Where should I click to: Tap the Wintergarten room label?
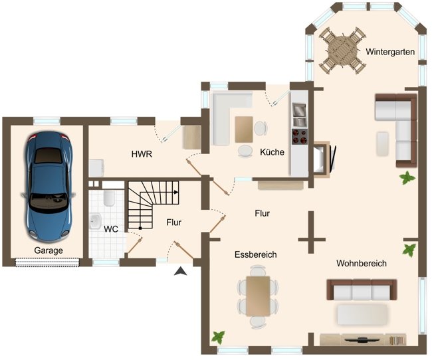pyautogui.click(x=391, y=51)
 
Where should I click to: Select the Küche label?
pyautogui.click(x=272, y=152)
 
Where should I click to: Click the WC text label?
pyautogui.click(x=110, y=228)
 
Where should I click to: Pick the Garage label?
pyautogui.click(x=49, y=250)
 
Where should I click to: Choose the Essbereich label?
pyautogui.click(x=255, y=254)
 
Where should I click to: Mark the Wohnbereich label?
pyautogui.click(x=361, y=263)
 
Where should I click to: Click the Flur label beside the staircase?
pyautogui.click(x=174, y=223)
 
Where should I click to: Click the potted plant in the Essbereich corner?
pyautogui.click(x=217, y=337)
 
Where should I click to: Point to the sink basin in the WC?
pyautogui.click(x=95, y=220)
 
